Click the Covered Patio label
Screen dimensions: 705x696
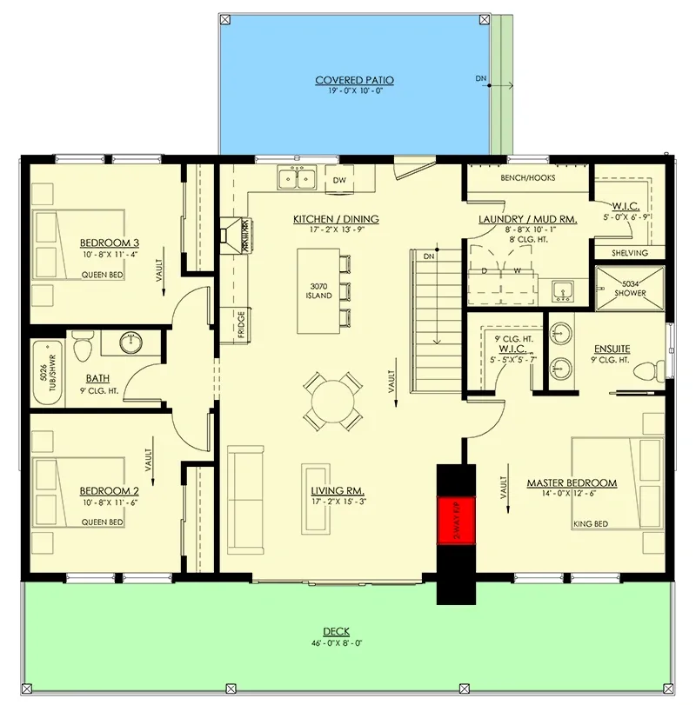coord(354,80)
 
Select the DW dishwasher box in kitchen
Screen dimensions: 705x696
coord(340,180)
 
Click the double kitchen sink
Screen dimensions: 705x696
coord(298,179)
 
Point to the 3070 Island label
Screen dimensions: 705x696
coord(319,290)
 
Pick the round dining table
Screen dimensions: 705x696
coord(333,401)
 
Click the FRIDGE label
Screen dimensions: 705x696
coord(239,325)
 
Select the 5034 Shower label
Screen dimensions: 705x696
coord(631,288)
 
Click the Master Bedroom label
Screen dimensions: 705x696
coord(572,482)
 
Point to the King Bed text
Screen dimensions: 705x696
coord(591,524)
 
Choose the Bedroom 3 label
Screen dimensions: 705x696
coord(110,243)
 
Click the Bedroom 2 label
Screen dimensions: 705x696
coord(110,490)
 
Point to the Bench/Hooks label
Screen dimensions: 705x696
coord(528,178)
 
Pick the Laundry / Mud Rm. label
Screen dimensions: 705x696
coord(528,221)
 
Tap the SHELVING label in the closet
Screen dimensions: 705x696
coord(630,253)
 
